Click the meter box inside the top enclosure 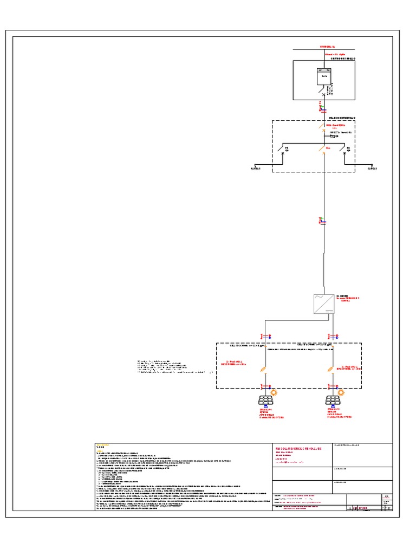coord(324,77)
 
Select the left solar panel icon coord(265,401)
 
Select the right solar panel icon coord(332,401)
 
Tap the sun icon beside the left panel coord(274,392)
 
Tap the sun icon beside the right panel coord(341,392)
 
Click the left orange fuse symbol coord(263,370)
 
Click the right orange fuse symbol coord(330,370)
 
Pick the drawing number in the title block coord(359,507)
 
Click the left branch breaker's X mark coord(283,153)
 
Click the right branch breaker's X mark coord(344,153)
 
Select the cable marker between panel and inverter coord(323,221)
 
